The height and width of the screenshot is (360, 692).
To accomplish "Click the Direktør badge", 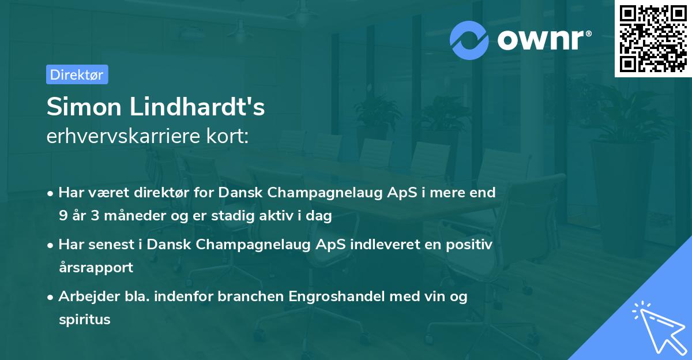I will coord(77,74).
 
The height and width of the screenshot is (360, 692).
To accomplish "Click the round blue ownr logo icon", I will coord(469,40).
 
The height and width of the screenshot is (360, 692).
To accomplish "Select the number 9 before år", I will coord(63,216).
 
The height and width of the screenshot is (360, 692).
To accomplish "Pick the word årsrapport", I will coord(96,267).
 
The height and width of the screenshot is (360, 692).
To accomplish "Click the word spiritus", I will coord(84,319).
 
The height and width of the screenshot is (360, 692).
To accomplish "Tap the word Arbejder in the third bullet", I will coord(84,297).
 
